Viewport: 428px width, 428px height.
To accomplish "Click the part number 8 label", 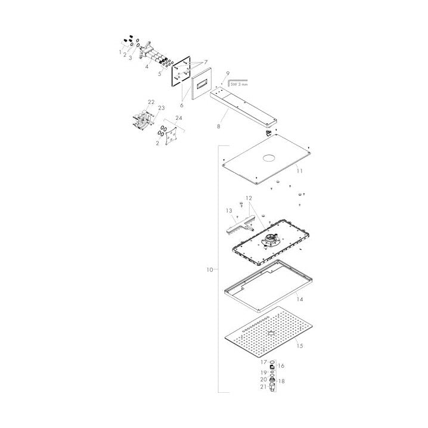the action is pos(218,126).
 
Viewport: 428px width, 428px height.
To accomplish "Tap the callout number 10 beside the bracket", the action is pos(210,269).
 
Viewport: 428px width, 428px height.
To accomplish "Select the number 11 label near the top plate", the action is pos(300,171).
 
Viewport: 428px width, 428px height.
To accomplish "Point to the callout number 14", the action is pos(300,299).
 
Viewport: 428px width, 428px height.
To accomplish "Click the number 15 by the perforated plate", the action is pos(300,346).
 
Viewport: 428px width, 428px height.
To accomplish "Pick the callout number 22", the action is pos(151,102).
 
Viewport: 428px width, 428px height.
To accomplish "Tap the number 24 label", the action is pos(179,118).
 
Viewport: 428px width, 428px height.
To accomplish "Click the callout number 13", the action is pos(229,211).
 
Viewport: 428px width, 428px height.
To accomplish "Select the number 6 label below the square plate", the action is pos(182,106).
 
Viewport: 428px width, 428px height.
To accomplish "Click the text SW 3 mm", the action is pos(239,84).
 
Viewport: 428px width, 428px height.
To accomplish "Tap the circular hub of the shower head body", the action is pos(269,239).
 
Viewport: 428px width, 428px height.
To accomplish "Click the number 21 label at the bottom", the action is pos(263,387).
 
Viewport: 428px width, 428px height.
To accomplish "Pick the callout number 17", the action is pos(263,362).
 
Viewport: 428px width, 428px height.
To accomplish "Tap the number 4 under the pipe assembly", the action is pos(147,66).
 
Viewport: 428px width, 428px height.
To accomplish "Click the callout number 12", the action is pos(249,198).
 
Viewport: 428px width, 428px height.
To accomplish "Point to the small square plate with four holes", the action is pos(172,136).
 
